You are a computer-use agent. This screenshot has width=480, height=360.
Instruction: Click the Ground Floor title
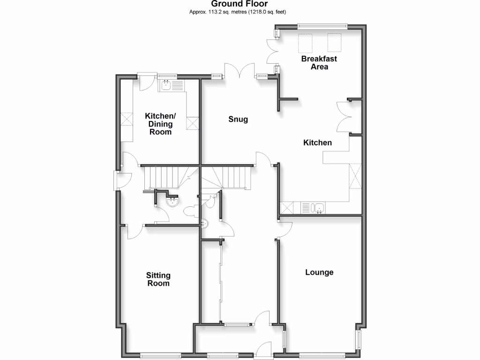[x=240, y=4]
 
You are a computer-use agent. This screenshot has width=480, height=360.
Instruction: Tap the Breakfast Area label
[x=319, y=63]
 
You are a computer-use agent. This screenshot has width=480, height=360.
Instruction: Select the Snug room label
[x=238, y=120]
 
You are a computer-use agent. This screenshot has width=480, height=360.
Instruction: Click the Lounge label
[x=319, y=272]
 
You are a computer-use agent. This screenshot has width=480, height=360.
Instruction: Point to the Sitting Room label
[x=158, y=279]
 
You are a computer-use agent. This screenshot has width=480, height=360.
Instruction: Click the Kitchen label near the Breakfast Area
[x=318, y=142]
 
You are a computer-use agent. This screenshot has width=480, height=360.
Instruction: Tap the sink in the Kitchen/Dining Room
[x=166, y=85]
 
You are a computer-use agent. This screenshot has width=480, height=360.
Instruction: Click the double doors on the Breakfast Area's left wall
[x=272, y=52]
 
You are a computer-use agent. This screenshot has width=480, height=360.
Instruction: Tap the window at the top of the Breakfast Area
[x=322, y=25]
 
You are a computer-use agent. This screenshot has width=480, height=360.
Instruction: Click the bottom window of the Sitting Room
[x=160, y=354]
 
